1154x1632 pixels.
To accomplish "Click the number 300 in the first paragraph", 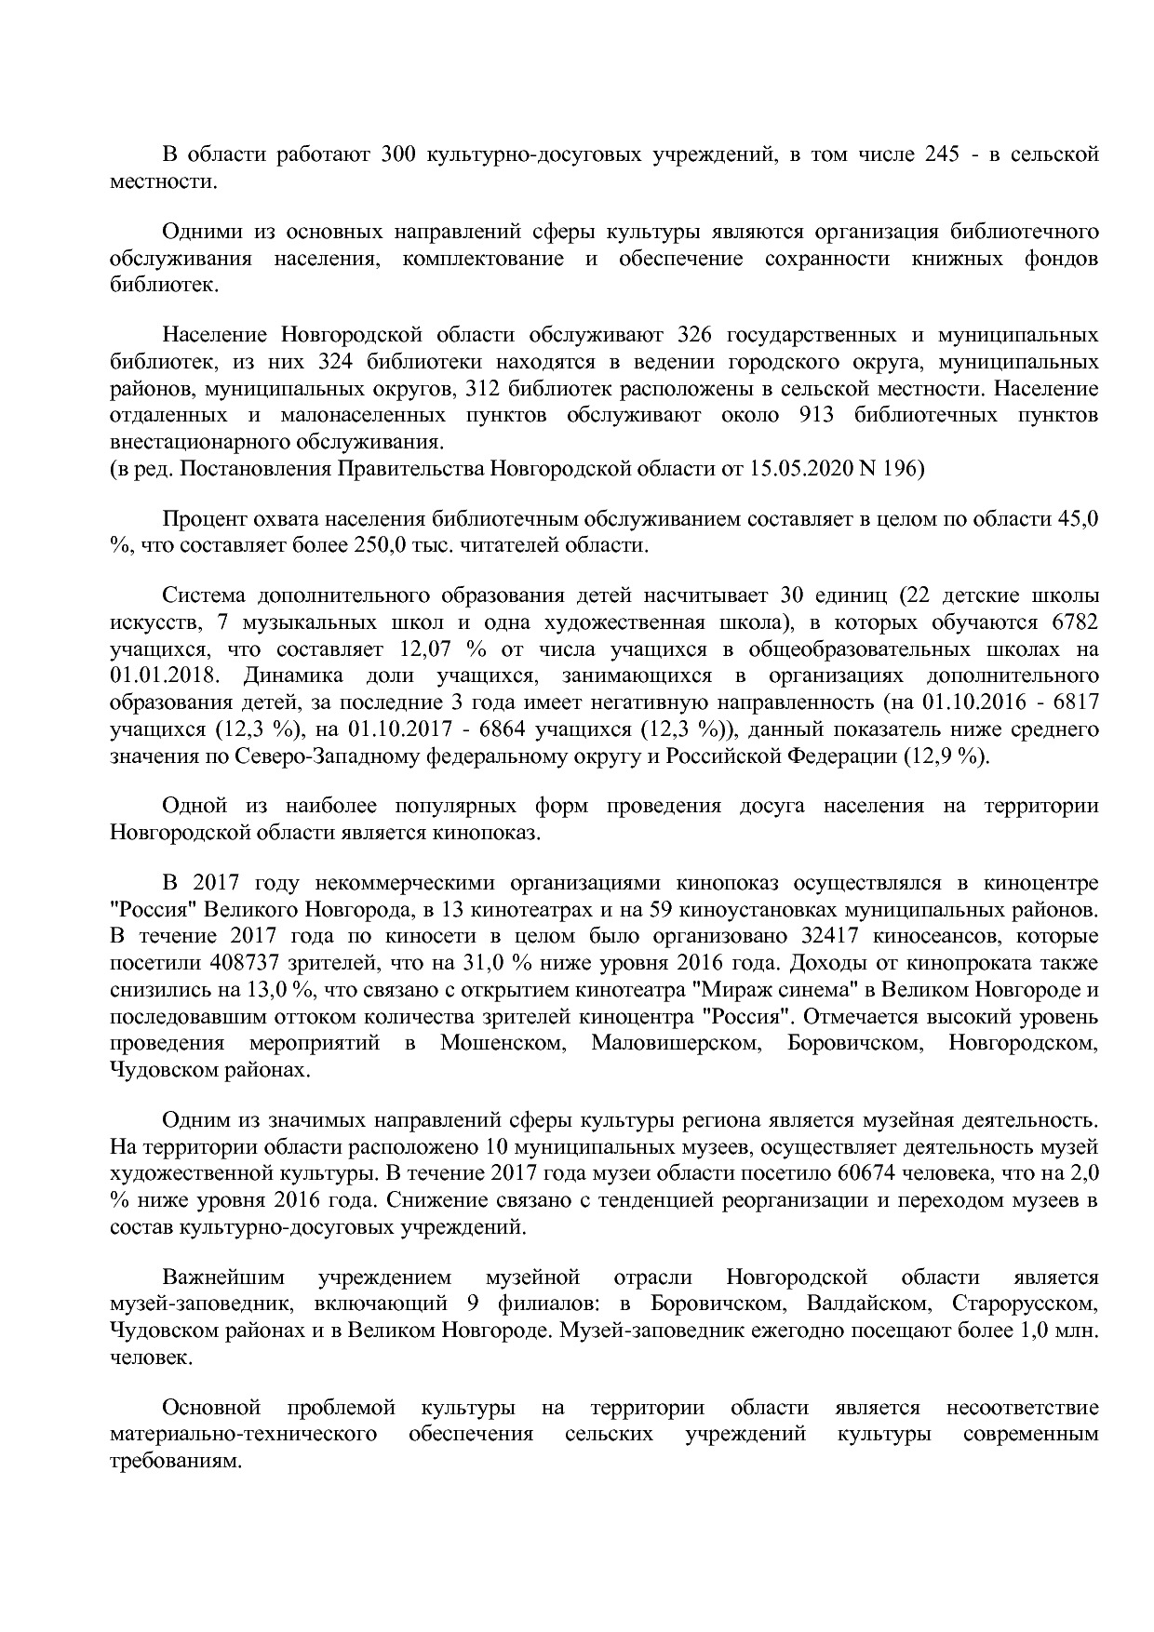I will pyautogui.click(x=401, y=154).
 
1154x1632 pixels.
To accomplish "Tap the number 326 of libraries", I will pyautogui.click(x=697, y=334).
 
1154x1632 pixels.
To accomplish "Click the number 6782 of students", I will pyautogui.click(x=1072, y=622).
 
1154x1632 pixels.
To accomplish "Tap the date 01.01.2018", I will pyautogui.click(x=160, y=676).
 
